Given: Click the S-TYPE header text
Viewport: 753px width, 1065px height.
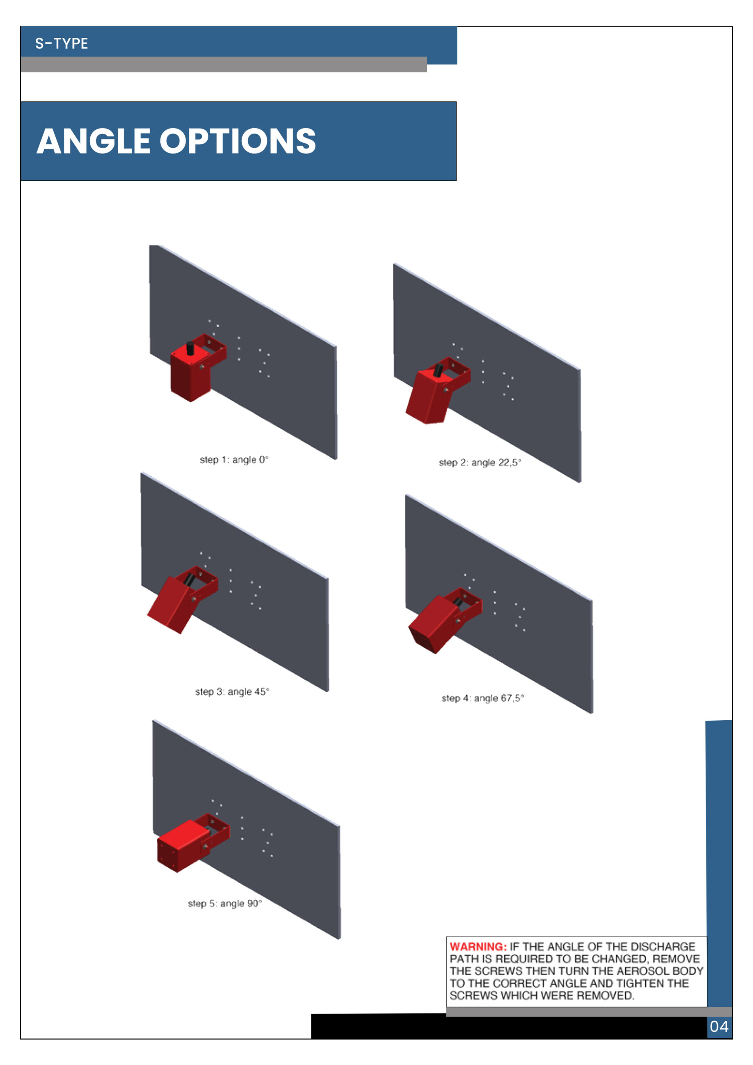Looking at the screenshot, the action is pyautogui.click(x=62, y=43).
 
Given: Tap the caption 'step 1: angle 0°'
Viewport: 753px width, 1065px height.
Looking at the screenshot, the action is pyautogui.click(x=234, y=460).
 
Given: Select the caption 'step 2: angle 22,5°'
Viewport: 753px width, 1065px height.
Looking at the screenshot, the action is pyautogui.click(x=480, y=463).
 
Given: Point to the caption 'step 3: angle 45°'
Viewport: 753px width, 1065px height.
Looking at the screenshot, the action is pyautogui.click(x=232, y=691).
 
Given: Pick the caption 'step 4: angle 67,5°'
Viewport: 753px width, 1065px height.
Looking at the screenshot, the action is pyautogui.click(x=483, y=698).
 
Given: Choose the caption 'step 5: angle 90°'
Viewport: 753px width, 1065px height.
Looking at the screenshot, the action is pyautogui.click(x=225, y=903).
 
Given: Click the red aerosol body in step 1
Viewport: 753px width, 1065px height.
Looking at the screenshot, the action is pyautogui.click(x=190, y=376).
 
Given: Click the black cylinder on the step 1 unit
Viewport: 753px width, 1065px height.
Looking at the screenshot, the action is pyautogui.click(x=190, y=348).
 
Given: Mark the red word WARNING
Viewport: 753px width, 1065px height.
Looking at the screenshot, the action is pyautogui.click(x=478, y=947).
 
